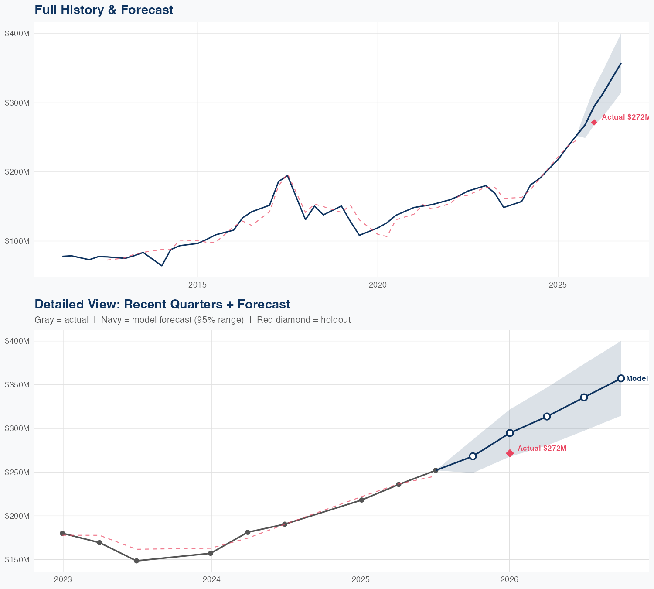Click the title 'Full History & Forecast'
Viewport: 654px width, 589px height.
(x=104, y=10)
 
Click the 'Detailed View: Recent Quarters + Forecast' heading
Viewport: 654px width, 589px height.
(x=162, y=304)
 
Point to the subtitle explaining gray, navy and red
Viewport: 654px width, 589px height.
(x=192, y=320)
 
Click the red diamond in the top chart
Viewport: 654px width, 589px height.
(x=594, y=123)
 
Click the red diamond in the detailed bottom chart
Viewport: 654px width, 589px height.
(x=510, y=453)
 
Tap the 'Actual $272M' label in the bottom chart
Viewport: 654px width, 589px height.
(x=542, y=449)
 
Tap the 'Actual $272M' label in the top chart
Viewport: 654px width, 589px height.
(x=625, y=117)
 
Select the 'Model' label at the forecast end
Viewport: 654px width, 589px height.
(x=637, y=379)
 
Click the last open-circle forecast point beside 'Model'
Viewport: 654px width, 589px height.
(x=621, y=378)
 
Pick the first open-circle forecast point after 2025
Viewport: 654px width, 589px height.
(x=473, y=456)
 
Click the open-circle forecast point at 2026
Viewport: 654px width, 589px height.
(x=510, y=433)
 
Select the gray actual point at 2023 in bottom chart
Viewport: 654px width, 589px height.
(x=62, y=533)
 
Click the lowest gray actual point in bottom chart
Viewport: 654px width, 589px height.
(x=136, y=561)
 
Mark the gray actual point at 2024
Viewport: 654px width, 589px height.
(x=211, y=553)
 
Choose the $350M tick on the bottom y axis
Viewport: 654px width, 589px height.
(x=17, y=385)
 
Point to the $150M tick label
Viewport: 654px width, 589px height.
(x=17, y=560)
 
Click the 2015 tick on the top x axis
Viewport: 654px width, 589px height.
(x=198, y=285)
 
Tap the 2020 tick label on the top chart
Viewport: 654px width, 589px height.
(x=378, y=285)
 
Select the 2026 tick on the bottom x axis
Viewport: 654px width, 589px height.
(x=509, y=579)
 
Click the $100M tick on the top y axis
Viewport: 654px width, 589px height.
(x=17, y=241)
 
